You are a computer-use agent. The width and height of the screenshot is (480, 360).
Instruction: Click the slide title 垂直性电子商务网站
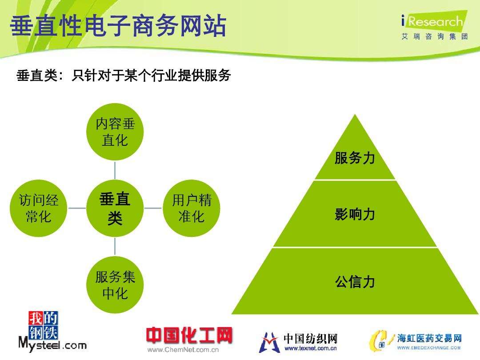pos(118,27)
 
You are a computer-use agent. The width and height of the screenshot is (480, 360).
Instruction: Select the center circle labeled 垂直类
pos(115,208)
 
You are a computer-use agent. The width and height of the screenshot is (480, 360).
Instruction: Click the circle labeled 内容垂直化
pos(115,132)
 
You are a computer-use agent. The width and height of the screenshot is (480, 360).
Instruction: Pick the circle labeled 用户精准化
pos(191,208)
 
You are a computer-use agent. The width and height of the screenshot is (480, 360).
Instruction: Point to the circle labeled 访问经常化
pos(39,208)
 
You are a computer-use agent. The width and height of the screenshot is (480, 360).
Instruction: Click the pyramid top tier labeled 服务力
pos(355,158)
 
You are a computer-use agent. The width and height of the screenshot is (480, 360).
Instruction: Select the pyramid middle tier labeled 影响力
pos(355,214)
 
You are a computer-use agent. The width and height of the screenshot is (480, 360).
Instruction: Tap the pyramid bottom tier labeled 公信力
pos(355,281)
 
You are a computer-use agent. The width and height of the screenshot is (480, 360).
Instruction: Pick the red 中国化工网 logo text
pos(189,336)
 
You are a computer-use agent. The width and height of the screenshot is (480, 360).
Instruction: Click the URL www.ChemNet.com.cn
pos(183,350)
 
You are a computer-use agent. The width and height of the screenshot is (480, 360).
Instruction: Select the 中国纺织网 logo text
pos(311,339)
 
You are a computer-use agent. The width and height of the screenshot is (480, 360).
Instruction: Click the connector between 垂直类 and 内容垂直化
pos(115,170)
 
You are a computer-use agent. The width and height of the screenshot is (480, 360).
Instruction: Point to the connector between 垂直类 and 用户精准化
pos(153,208)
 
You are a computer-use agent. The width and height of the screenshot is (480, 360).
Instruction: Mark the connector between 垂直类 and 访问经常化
pos(76,208)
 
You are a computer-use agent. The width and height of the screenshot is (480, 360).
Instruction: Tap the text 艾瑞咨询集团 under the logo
pos(434,37)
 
